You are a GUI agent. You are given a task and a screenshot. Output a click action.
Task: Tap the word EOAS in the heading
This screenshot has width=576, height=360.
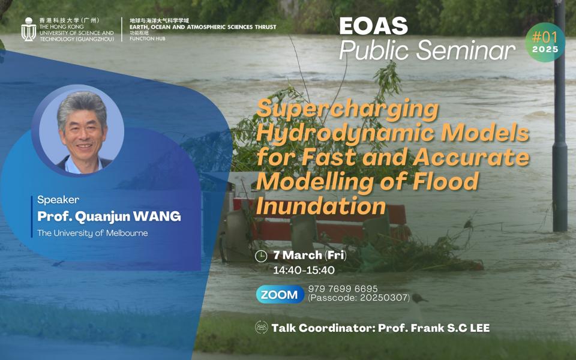pyautogui.click(x=373, y=26)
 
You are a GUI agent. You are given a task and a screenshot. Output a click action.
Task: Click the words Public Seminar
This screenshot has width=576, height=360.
pyautogui.click(x=427, y=50)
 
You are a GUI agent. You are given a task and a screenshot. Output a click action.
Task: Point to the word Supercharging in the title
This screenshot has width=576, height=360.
pyautogui.click(x=347, y=110)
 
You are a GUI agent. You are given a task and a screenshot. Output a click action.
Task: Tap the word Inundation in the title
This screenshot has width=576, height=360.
pyautogui.click(x=320, y=206)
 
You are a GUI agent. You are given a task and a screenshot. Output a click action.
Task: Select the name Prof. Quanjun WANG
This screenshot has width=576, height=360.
pyautogui.click(x=109, y=217)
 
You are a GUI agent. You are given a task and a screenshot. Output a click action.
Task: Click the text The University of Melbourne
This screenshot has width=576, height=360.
pyautogui.click(x=92, y=233)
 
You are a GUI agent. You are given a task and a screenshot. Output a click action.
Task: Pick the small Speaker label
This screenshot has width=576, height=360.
pyautogui.click(x=58, y=200)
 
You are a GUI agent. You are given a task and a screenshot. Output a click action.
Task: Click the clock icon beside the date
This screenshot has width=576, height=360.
pyautogui.click(x=261, y=256)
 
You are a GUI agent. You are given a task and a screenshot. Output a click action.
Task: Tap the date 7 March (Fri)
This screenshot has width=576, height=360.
pyautogui.click(x=310, y=256)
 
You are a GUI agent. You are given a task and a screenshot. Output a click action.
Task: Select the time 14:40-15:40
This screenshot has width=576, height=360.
pyautogui.click(x=304, y=270)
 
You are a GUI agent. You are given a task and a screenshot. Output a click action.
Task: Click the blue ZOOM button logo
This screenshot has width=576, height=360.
pyautogui.click(x=280, y=295)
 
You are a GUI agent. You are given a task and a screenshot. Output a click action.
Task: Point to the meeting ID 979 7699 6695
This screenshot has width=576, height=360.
pyautogui.click(x=343, y=289)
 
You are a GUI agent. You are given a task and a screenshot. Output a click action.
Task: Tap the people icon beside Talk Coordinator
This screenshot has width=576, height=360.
pyautogui.click(x=261, y=328)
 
